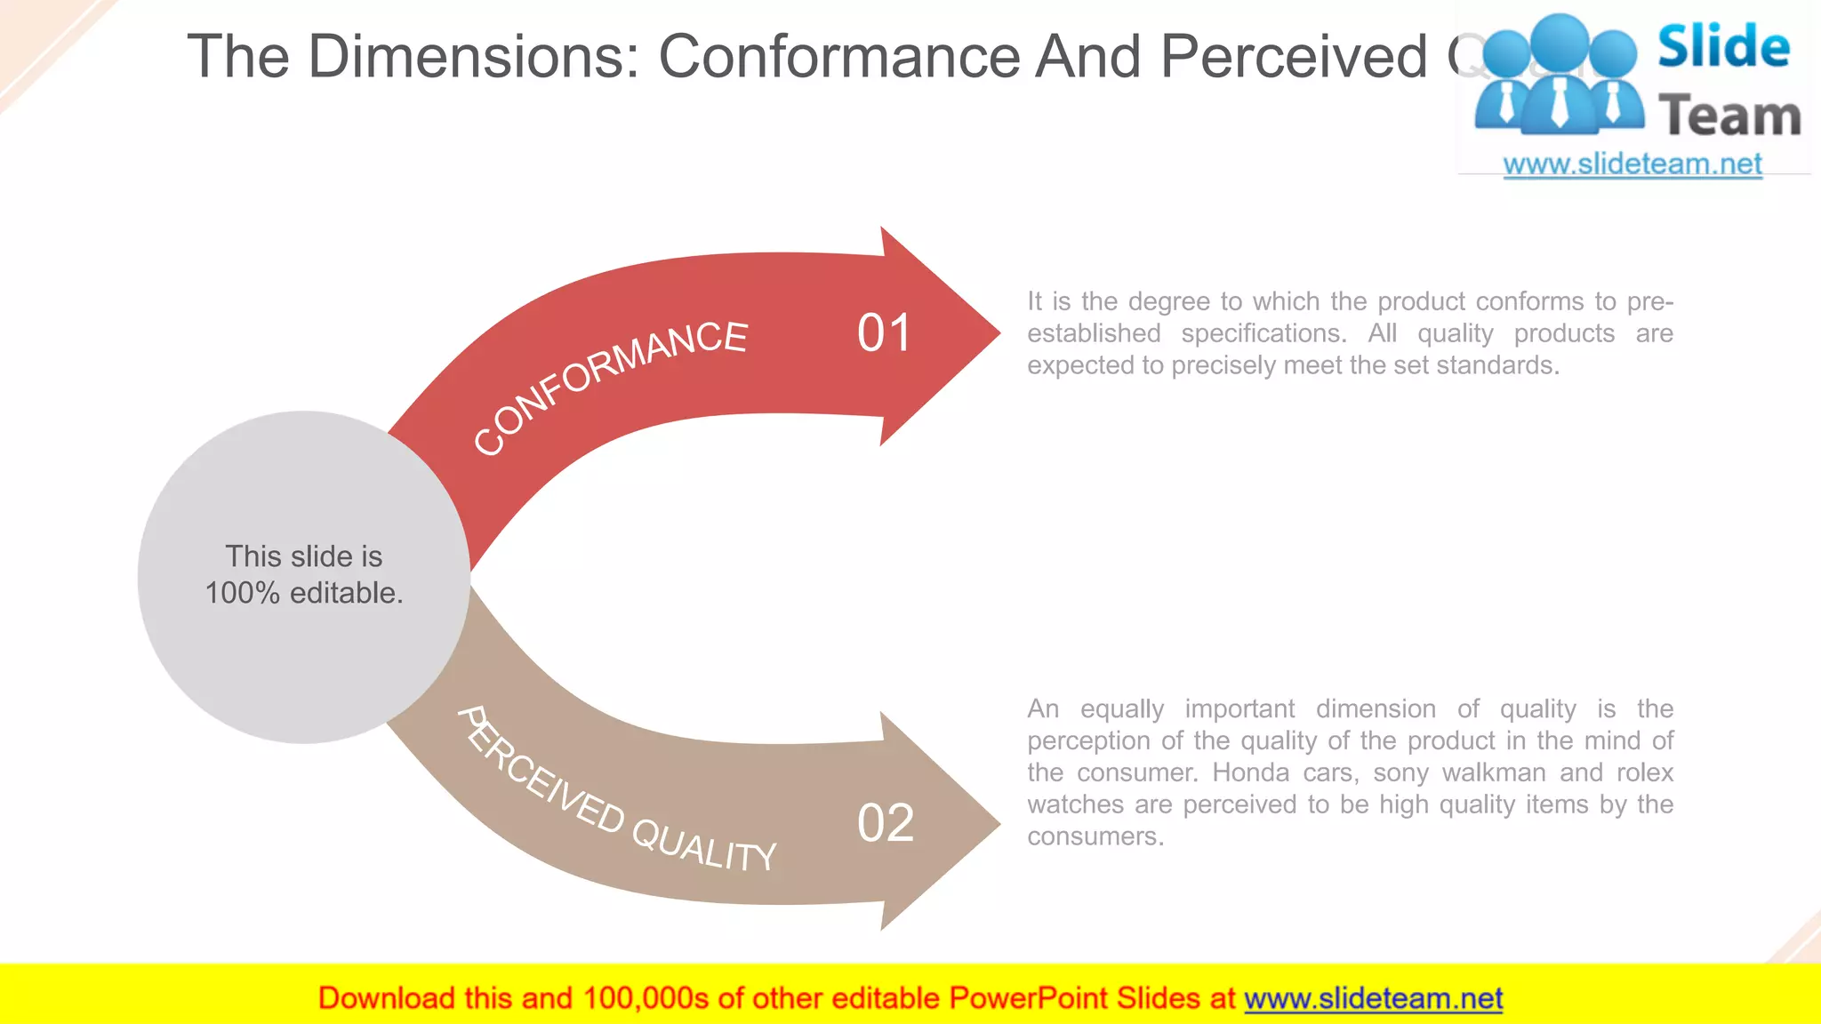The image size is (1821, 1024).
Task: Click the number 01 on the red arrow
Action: (884, 334)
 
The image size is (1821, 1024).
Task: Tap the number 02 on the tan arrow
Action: (886, 823)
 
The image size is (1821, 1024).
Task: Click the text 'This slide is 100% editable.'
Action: (304, 574)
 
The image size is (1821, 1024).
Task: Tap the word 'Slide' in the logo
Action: (1723, 47)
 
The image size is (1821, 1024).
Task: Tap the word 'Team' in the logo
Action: (1729, 116)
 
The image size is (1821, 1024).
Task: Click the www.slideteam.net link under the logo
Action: (1632, 164)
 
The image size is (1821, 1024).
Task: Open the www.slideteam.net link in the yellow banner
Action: (1373, 998)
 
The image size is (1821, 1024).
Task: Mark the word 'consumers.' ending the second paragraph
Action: (1095, 836)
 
